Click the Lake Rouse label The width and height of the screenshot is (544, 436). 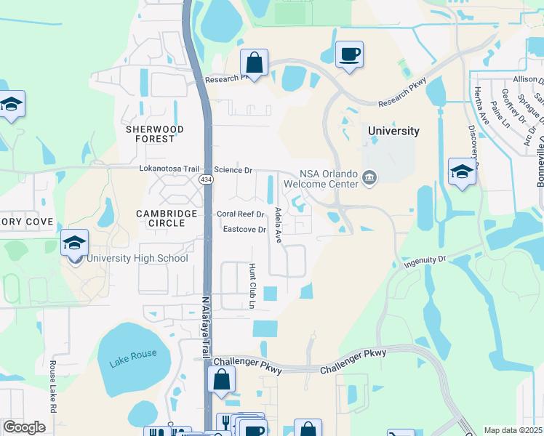pyautogui.click(x=133, y=363)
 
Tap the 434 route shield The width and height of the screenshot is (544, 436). pyautogui.click(x=207, y=179)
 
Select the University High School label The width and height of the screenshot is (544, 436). pyautogui.click(x=137, y=259)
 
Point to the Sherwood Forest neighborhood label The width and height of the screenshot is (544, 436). pyautogui.click(x=154, y=134)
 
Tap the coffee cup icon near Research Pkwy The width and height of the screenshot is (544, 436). pyautogui.click(x=349, y=54)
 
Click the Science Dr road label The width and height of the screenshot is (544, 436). pyautogui.click(x=233, y=170)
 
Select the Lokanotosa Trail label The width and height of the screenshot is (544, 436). pyautogui.click(x=169, y=169)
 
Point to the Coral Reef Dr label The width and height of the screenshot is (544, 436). pyautogui.click(x=241, y=214)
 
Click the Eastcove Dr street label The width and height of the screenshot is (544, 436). pyautogui.click(x=246, y=230)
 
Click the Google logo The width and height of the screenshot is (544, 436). pyautogui.click(x=24, y=427)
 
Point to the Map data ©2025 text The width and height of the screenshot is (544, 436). pyautogui.click(x=513, y=430)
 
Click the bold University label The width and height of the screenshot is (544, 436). pyautogui.click(x=393, y=132)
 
